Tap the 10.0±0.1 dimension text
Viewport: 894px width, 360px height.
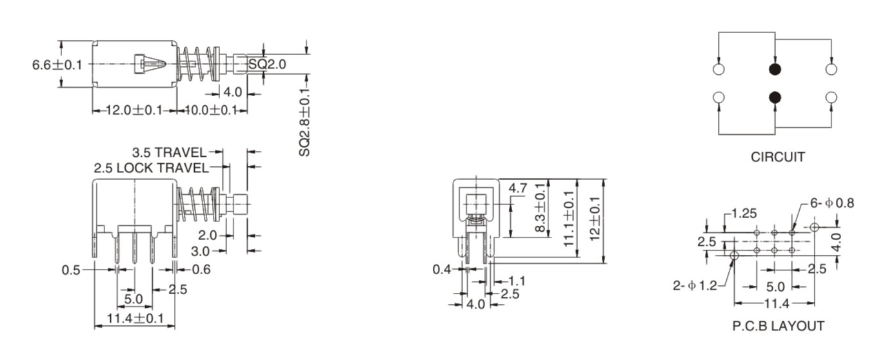tap(210, 110)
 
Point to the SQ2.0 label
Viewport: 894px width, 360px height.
tap(266, 64)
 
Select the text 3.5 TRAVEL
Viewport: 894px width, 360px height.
tap(169, 153)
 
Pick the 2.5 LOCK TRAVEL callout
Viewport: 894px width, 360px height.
tap(151, 168)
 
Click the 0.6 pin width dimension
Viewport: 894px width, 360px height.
tap(201, 270)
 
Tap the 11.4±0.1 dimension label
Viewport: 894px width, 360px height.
tap(134, 318)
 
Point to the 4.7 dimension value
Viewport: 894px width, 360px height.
tap(518, 188)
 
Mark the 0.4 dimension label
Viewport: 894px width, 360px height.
tap(442, 269)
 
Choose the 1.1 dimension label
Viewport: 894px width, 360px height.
tap(517, 281)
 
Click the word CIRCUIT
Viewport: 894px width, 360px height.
tap(777, 157)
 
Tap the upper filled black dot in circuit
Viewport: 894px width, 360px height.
tap(775, 69)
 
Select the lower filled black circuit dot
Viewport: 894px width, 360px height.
tap(775, 97)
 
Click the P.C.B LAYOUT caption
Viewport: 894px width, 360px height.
tap(778, 326)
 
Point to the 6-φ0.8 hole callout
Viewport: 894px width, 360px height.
tap(832, 203)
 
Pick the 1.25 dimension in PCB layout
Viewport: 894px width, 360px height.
tap(744, 214)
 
